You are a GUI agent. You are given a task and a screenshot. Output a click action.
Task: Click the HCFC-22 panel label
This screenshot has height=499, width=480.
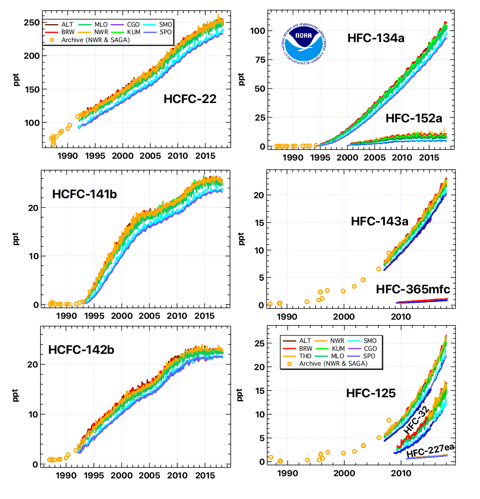point(190,99)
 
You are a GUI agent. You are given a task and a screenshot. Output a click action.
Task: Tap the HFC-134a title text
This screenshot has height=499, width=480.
point(376,38)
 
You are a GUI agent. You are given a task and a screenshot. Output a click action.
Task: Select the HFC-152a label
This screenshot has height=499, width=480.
point(414,118)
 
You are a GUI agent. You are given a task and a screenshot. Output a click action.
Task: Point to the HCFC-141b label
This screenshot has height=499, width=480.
point(84,194)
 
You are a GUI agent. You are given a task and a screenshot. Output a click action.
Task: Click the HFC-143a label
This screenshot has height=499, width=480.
point(379,221)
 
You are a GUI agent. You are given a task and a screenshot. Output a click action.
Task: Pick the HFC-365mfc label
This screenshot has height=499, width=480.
point(413,289)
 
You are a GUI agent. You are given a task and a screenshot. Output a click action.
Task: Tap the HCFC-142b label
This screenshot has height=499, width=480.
point(81,350)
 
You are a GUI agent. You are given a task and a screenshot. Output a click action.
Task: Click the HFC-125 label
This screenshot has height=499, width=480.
point(371,393)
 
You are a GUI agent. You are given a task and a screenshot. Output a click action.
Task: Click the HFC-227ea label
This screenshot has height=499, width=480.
point(430,450)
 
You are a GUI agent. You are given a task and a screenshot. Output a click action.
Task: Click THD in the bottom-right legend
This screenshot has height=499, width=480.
point(305,356)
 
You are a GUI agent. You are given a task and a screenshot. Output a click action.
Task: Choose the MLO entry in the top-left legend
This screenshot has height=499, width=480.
point(101,25)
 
